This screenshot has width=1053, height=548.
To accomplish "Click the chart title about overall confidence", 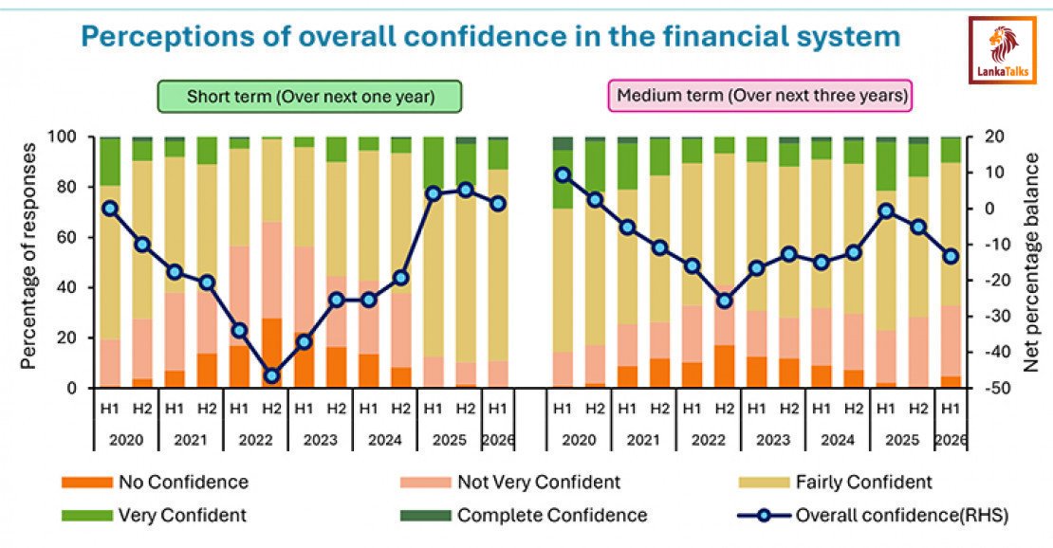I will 490,37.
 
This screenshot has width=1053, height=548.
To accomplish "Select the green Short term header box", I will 309,97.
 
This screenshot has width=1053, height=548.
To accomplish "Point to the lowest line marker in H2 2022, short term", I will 271,376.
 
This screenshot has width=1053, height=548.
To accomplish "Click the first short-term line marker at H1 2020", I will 110,208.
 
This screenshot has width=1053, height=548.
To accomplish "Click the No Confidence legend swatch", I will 86,483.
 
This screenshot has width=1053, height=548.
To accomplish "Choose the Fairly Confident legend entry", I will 835,483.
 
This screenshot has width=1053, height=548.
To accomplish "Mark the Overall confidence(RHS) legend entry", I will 873,516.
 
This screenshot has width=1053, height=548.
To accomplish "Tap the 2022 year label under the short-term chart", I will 255,440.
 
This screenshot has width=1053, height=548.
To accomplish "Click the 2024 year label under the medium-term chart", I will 838,440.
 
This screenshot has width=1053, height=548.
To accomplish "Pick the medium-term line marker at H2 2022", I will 725,301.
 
